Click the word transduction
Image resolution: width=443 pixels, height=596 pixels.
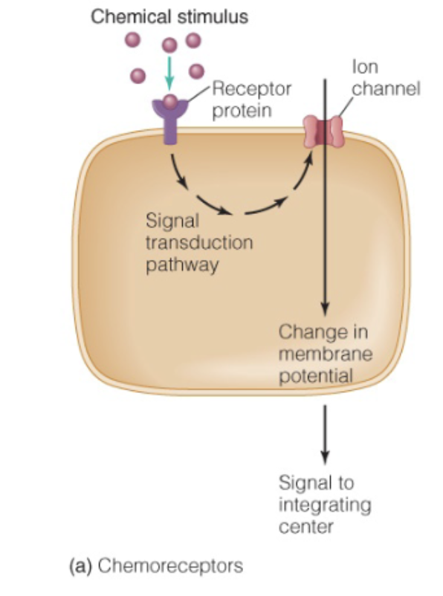click(x=199, y=243)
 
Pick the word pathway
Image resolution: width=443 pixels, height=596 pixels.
click(x=182, y=265)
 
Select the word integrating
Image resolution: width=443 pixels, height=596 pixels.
click(x=324, y=505)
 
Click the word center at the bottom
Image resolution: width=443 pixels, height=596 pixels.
click(x=305, y=527)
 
